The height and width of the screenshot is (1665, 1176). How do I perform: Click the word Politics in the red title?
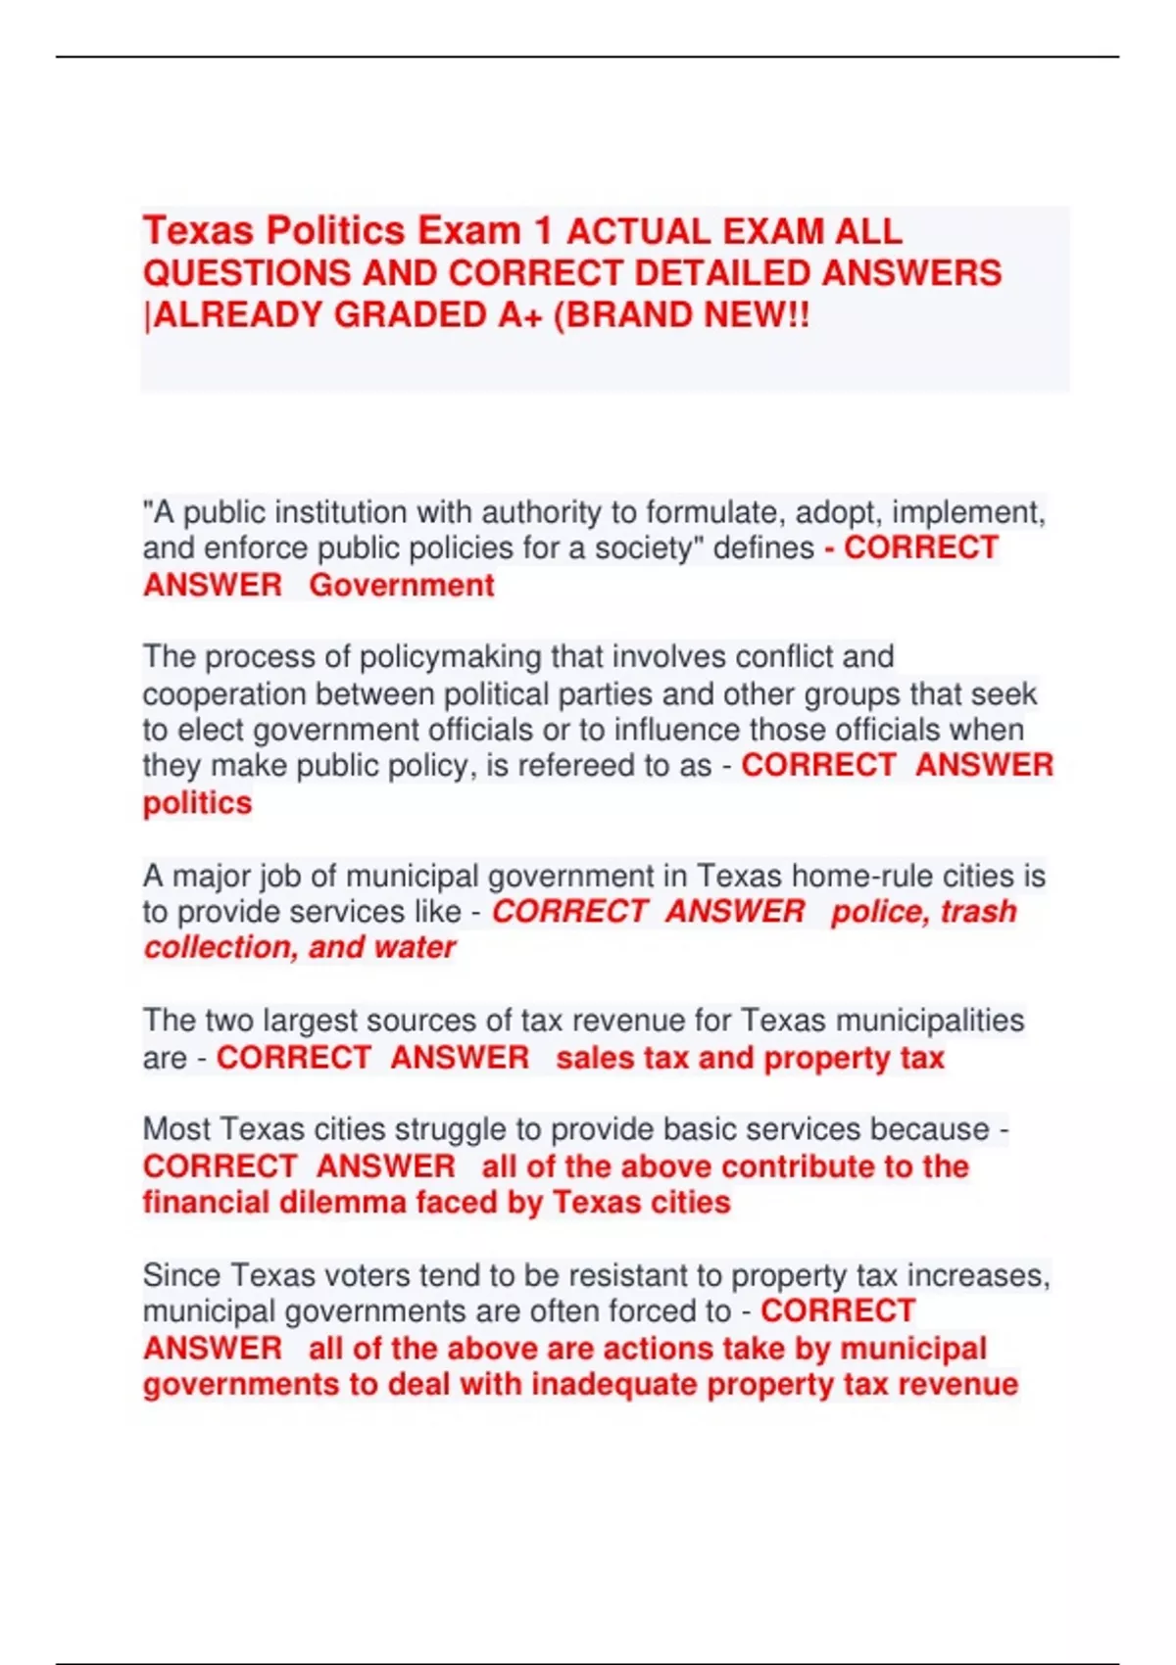click(336, 231)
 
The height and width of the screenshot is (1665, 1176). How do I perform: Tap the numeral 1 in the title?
click(543, 231)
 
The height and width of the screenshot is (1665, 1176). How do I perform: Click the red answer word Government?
click(402, 586)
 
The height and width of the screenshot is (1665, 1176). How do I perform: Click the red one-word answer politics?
click(197, 803)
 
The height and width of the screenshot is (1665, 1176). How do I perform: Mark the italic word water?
click(415, 948)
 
